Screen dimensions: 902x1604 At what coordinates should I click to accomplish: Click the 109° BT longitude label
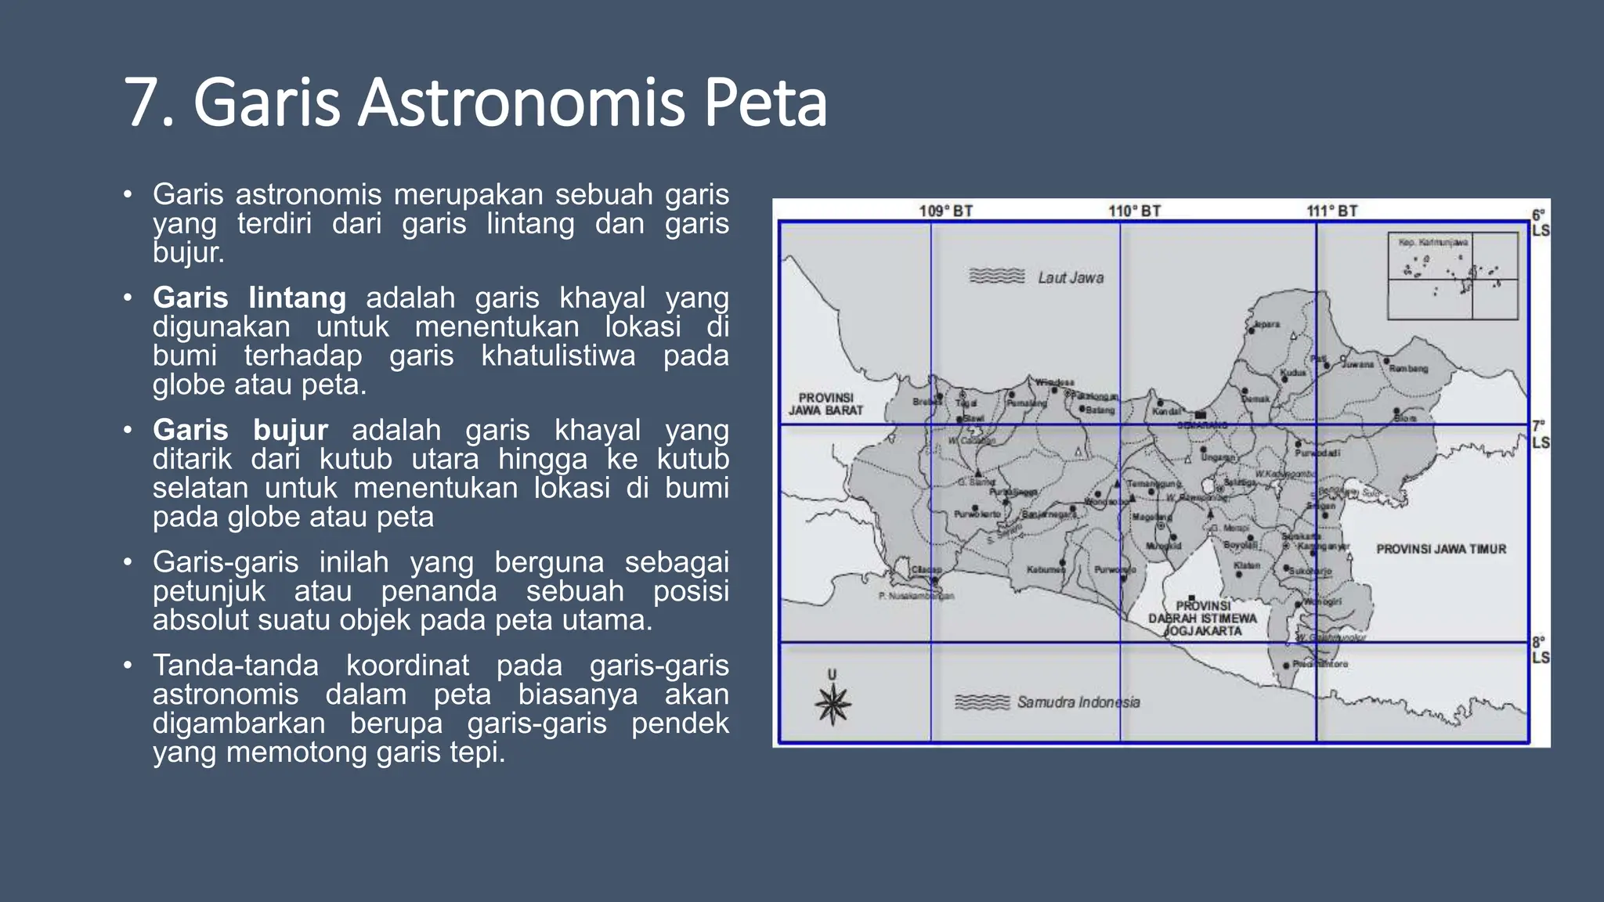point(945,211)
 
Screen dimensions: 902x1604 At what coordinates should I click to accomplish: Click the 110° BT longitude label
point(1134,211)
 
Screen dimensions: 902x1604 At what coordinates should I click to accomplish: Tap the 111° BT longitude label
point(1331,211)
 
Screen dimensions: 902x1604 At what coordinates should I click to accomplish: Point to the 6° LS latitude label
point(1540,222)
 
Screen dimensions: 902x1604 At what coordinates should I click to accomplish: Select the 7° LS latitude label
point(1540,435)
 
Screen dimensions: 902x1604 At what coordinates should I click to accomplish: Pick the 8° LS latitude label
point(1540,650)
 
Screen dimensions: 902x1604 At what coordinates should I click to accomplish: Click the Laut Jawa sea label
point(1071,277)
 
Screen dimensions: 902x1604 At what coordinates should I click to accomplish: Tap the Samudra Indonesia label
point(1078,702)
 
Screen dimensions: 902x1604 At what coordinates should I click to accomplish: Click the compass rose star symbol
point(832,703)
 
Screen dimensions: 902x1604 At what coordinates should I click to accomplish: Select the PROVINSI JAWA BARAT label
point(825,404)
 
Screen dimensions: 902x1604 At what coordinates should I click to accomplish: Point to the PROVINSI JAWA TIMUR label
point(1441,549)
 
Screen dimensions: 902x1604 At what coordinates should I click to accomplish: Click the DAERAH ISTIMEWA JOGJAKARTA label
point(1202,619)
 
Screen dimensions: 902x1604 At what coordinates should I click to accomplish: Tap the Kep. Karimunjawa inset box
point(1453,276)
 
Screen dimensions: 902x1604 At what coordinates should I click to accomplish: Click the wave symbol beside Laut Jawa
point(996,276)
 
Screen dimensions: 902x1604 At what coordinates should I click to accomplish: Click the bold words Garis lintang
point(249,298)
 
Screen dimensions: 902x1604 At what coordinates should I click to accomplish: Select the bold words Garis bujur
point(240,430)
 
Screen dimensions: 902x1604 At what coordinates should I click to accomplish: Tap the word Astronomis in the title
point(521,103)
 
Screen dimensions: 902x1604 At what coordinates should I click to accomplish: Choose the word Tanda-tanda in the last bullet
point(236,665)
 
